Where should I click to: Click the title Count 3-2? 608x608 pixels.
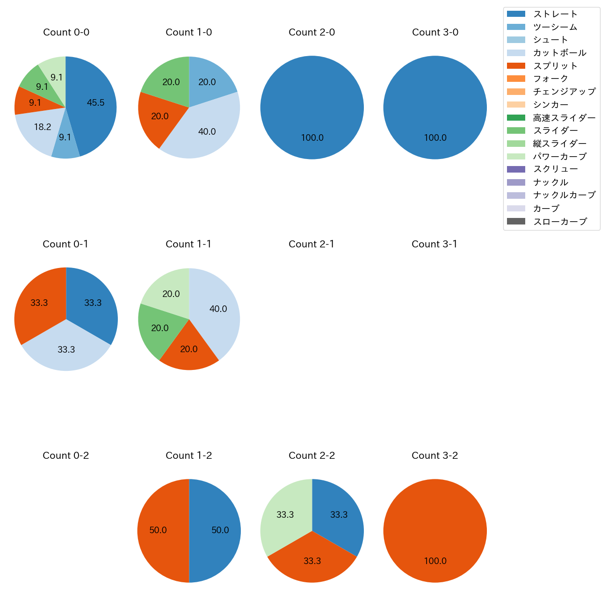(x=435, y=456)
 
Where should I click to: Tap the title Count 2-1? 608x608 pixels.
(x=311, y=244)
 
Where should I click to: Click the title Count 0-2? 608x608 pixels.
(x=66, y=456)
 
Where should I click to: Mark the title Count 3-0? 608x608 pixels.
(x=435, y=32)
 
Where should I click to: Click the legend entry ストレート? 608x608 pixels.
(x=555, y=14)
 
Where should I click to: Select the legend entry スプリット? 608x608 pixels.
(x=555, y=66)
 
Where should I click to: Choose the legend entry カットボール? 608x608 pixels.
(x=559, y=53)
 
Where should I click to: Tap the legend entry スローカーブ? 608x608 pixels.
(x=560, y=222)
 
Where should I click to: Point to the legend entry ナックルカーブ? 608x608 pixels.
(x=564, y=195)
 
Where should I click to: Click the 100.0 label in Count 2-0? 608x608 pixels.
(x=312, y=138)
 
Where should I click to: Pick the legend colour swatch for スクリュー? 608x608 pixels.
(x=516, y=169)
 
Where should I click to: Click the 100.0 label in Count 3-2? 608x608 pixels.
(x=435, y=561)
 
